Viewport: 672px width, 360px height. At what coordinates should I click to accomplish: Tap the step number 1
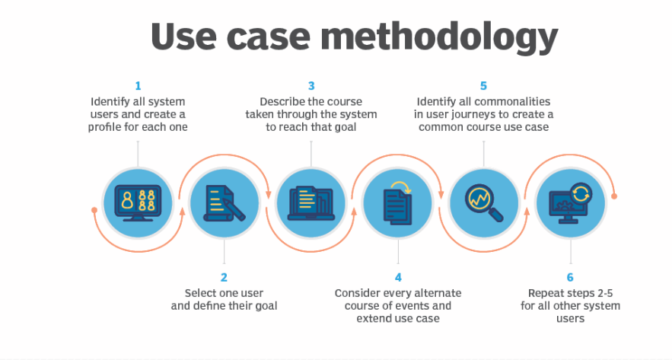pos(138,86)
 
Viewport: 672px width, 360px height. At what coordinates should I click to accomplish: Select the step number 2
pos(224,278)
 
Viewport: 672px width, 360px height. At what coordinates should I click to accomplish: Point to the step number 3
pos(311,86)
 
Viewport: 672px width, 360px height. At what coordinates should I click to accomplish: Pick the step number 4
pos(398,278)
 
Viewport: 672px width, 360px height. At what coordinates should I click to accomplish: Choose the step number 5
pos(483,86)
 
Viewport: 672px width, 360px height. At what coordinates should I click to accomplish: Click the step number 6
pos(570,278)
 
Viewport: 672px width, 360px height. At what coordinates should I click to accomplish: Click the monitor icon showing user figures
pos(138,202)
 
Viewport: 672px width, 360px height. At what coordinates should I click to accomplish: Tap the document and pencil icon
pos(225,202)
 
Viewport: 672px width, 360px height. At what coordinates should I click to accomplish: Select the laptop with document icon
pos(311,202)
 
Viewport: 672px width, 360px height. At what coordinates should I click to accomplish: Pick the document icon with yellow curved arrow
pos(397,202)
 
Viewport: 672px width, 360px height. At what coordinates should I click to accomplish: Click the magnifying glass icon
pos(484,202)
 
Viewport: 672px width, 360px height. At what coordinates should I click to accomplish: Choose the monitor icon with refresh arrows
pos(570,202)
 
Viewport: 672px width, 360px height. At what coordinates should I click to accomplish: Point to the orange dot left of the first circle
pos(94,209)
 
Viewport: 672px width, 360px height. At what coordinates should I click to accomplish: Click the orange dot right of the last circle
pos(614,196)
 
